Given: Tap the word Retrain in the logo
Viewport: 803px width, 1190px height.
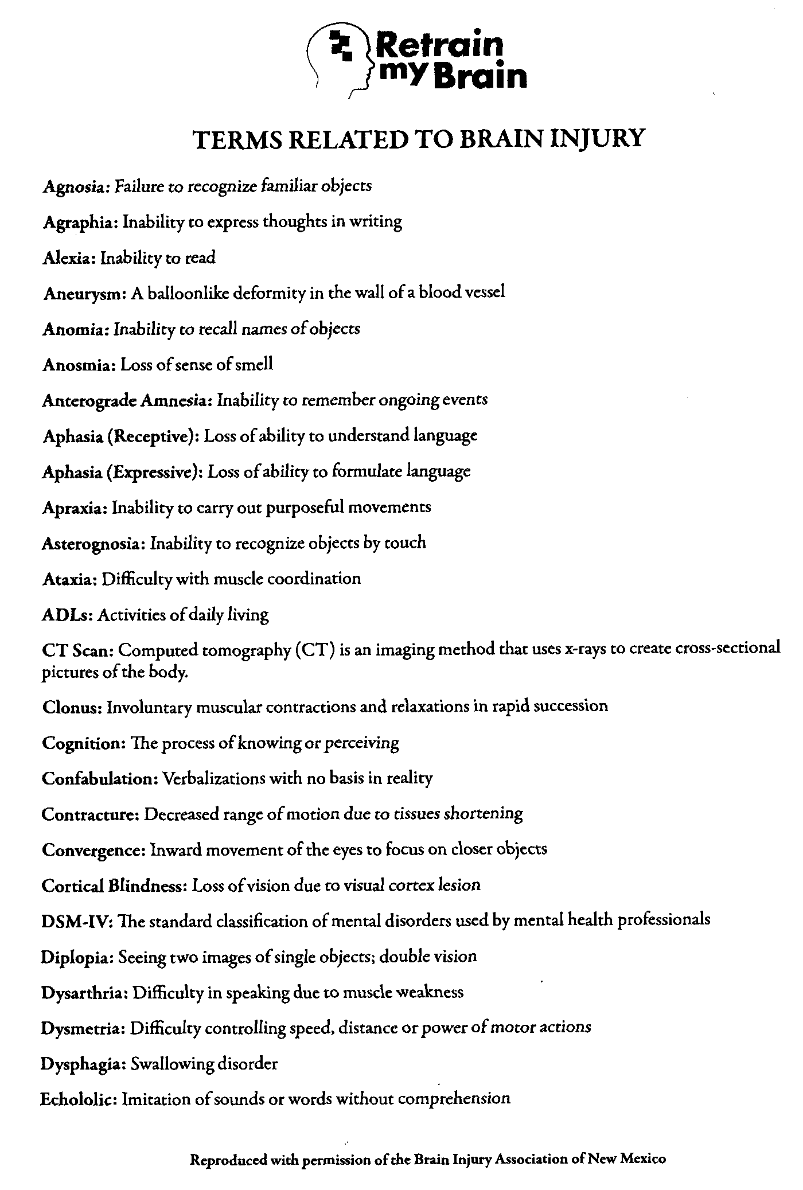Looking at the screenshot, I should (439, 45).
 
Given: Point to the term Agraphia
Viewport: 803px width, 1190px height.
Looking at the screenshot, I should (80, 222).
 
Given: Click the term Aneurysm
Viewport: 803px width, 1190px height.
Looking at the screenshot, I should (84, 294).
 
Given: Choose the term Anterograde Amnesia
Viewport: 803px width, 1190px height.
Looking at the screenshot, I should (127, 400).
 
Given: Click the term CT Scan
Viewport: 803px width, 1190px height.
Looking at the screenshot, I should (78, 650).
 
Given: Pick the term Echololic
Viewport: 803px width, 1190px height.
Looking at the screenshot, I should (79, 1099).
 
